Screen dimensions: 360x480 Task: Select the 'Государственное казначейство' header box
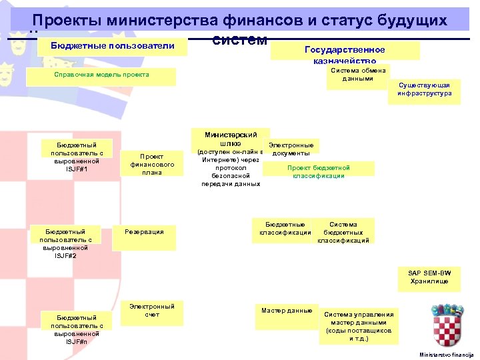point(345,52)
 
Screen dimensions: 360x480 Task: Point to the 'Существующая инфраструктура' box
point(424,90)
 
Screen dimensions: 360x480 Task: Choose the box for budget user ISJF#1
point(77,157)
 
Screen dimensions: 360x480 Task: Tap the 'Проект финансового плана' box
point(152,164)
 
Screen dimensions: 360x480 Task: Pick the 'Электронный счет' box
point(152,311)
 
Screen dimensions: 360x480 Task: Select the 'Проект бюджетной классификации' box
point(318,171)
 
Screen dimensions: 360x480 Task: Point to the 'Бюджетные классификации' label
point(285,229)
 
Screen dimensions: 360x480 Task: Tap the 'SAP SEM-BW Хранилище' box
point(429,277)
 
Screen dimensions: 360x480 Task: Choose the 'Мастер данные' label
point(287,311)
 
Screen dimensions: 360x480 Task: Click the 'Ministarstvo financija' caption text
point(445,354)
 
